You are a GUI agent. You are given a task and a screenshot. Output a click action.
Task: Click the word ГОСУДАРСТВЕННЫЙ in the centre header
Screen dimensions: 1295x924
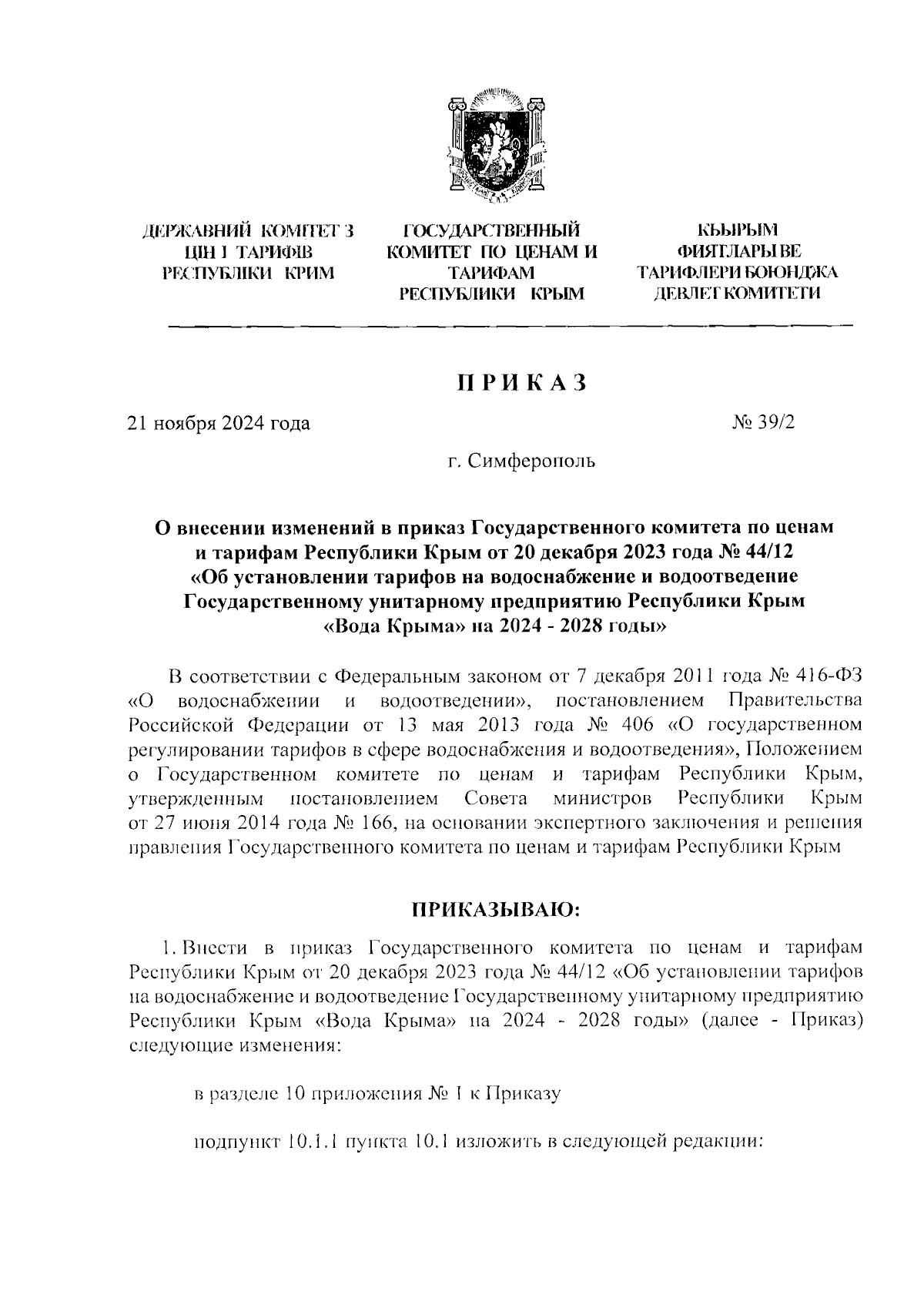tap(492, 230)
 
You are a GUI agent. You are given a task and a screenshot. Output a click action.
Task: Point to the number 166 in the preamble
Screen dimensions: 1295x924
tap(372, 822)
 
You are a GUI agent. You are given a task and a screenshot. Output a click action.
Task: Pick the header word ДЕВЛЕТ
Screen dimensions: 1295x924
tap(686, 293)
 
